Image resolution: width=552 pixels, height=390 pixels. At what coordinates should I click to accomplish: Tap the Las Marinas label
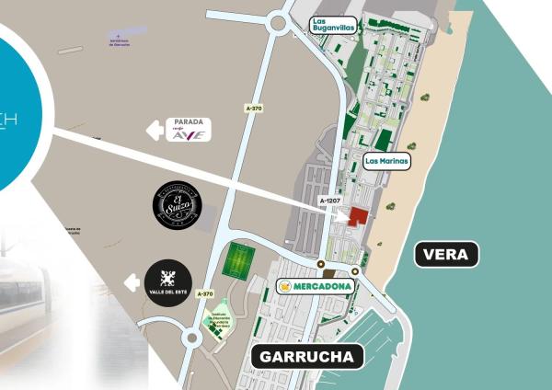coord(386,160)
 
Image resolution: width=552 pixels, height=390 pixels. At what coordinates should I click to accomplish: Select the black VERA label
coord(447,254)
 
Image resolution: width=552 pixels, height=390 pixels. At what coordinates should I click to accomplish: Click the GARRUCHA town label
coord(307,357)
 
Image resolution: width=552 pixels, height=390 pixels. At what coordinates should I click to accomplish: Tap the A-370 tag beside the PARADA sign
coord(255,109)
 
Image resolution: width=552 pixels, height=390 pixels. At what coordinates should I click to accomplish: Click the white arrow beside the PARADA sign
coord(155,130)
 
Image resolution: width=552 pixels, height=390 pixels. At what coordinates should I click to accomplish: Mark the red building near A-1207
coord(355,215)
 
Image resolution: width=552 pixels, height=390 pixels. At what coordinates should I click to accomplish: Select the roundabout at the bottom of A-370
coord(191,338)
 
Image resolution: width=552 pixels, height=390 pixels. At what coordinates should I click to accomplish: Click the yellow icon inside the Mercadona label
coord(287,287)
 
